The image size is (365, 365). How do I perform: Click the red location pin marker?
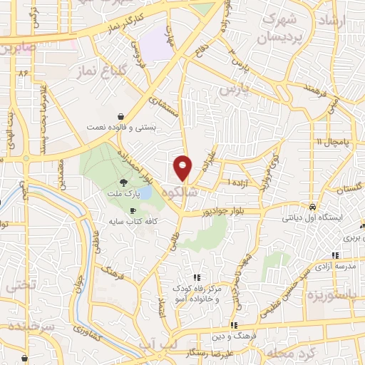pos(183,168)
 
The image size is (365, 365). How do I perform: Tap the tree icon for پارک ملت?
pos(124,182)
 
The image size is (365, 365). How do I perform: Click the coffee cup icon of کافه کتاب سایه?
pos(133,210)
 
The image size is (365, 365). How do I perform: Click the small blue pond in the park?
pos(145,193)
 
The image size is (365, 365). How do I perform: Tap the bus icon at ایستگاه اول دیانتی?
pos(312,206)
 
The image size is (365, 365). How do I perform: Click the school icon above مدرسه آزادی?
pos(334,255)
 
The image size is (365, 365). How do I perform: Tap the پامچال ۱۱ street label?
pos(333,141)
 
